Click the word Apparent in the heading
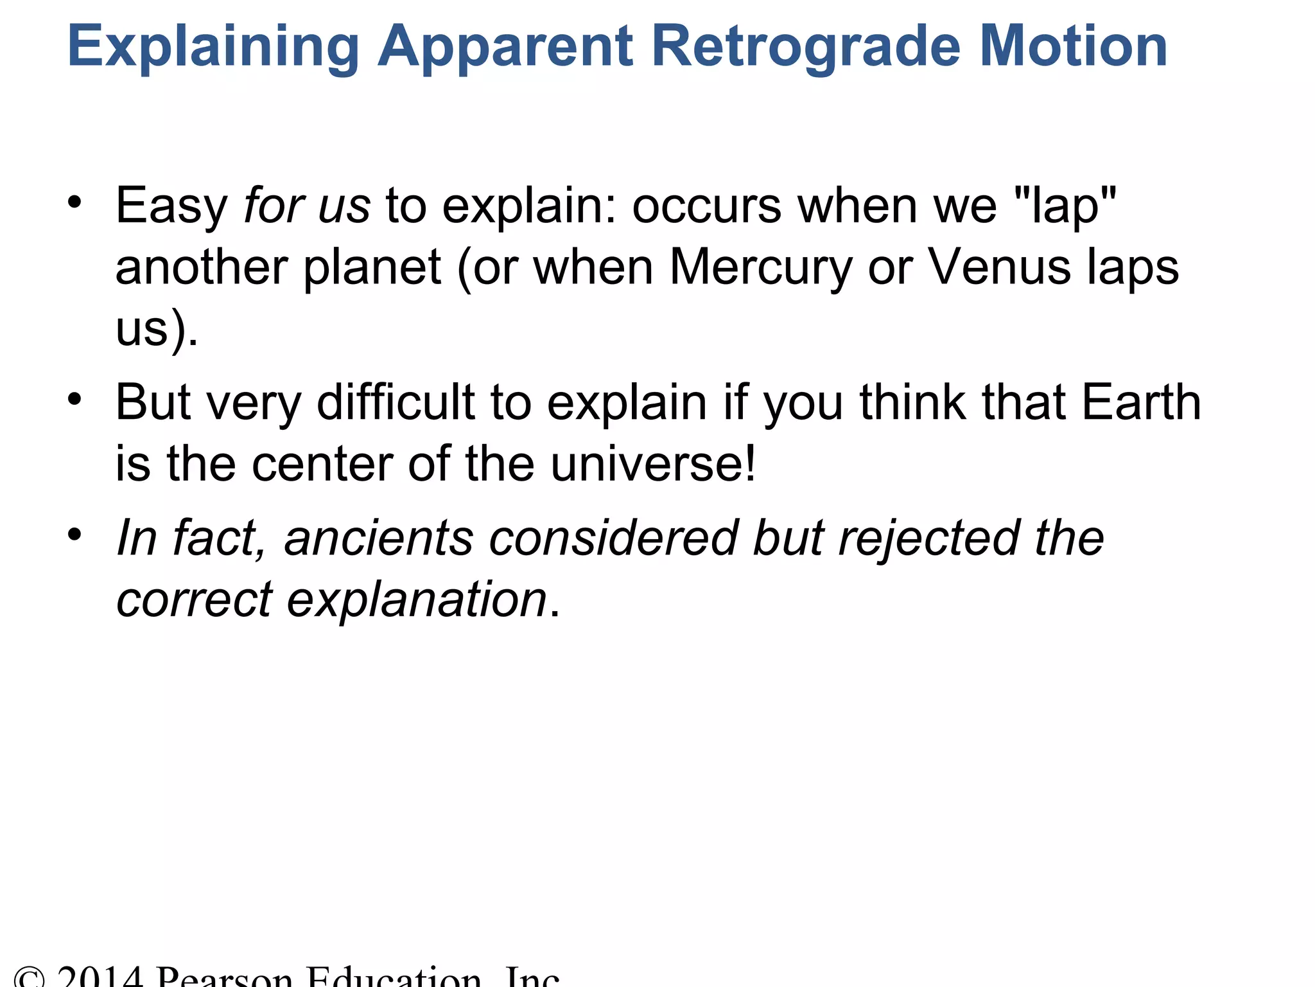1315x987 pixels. click(505, 46)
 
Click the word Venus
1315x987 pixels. click(999, 267)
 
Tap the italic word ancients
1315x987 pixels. click(379, 538)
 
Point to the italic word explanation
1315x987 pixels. click(416, 600)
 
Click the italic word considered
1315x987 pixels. click(613, 538)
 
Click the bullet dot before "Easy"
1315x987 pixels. click(75, 202)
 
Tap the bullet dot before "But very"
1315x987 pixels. click(75, 399)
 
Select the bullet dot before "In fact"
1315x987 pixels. click(75, 535)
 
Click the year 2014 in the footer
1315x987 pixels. click(100, 977)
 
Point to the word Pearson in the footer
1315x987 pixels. click(224, 977)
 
